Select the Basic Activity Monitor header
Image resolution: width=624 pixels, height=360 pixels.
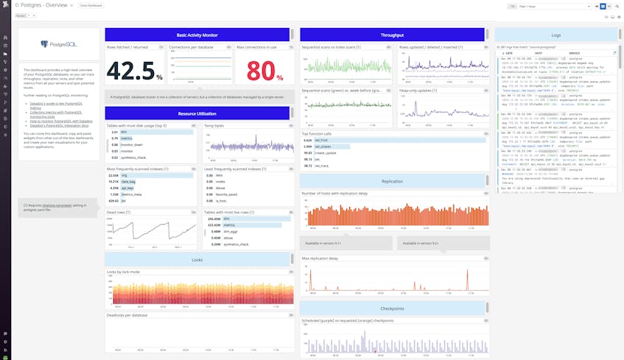point(197,35)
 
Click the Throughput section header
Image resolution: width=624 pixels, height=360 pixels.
point(392,35)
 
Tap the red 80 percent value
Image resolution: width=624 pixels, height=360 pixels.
point(264,71)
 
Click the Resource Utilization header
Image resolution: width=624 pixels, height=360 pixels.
point(197,113)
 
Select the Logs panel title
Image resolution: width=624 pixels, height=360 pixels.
point(556,35)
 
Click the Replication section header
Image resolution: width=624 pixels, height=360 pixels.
point(392,181)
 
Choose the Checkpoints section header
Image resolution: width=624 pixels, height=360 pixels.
point(392,308)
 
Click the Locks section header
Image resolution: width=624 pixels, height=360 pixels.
point(197,260)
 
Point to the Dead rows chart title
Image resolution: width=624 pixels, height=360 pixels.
point(118,212)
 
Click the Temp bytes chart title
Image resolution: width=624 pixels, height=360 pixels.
point(214,126)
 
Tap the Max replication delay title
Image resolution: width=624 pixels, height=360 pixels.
point(320,258)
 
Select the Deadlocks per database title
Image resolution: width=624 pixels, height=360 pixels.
point(127,315)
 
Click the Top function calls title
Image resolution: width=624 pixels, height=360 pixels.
point(318,133)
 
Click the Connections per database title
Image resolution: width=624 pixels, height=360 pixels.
point(191,47)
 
